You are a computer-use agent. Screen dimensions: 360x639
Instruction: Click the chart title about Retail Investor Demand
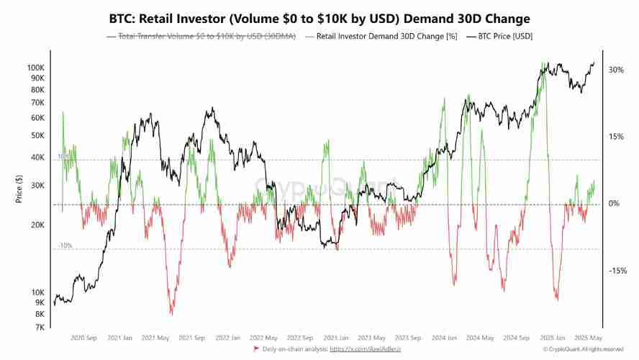click(x=319, y=18)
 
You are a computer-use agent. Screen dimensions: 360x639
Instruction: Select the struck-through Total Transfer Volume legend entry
click(x=207, y=36)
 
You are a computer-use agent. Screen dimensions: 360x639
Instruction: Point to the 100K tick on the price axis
click(x=35, y=67)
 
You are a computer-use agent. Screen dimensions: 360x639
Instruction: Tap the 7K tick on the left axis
click(x=40, y=328)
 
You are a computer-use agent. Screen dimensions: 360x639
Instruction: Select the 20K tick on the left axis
click(x=37, y=225)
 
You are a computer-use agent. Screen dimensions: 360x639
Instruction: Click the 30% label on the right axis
click(x=616, y=70)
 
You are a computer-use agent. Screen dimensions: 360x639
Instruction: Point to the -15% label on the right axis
click(x=617, y=271)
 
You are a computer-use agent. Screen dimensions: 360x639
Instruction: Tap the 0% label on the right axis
click(x=614, y=204)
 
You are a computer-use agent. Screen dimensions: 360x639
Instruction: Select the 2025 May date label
click(x=587, y=337)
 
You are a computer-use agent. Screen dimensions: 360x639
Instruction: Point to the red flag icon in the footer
click(x=257, y=349)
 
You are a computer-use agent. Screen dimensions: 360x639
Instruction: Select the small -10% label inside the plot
click(x=65, y=246)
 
